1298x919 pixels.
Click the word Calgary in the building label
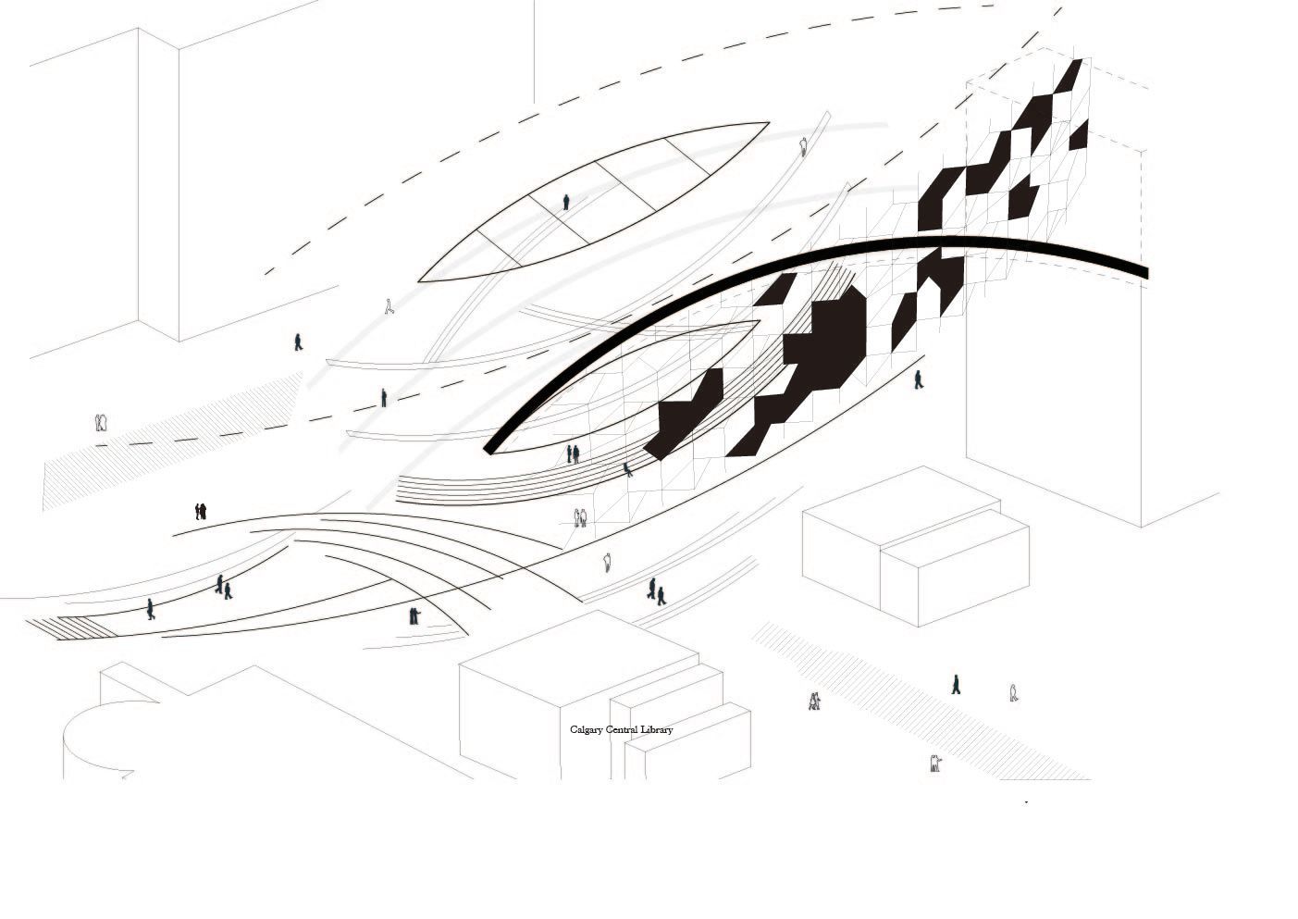[587, 730]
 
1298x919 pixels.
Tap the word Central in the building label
[622, 729]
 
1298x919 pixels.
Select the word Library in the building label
[657, 730]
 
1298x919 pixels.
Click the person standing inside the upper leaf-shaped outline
[566, 203]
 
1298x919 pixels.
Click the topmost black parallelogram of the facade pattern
[1069, 76]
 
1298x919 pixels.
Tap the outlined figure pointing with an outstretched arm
[935, 763]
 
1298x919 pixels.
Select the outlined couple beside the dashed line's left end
[102, 422]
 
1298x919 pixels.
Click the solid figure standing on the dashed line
[384, 398]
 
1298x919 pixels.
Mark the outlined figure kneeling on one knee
[389, 306]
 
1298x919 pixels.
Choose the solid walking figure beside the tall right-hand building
[919, 379]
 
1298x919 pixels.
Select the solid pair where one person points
[414, 615]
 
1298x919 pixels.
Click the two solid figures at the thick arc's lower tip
[572, 453]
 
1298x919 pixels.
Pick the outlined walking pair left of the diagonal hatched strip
[815, 702]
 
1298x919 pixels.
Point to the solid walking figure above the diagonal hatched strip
[956, 684]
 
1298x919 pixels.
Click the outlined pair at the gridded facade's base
[580, 517]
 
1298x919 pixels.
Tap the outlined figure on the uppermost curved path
[804, 146]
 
